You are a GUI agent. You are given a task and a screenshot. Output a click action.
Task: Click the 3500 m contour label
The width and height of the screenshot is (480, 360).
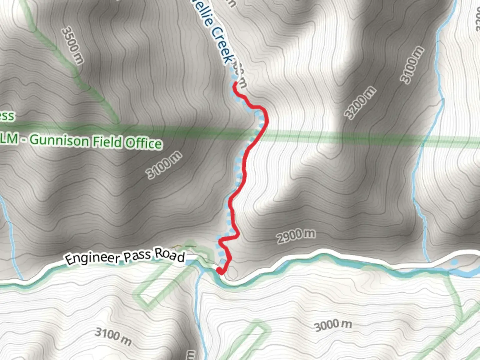pos(73,45)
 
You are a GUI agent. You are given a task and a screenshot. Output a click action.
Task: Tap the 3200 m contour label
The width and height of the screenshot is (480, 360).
pos(360,103)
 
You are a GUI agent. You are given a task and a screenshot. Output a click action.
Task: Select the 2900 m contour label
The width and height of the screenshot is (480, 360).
pos(296,236)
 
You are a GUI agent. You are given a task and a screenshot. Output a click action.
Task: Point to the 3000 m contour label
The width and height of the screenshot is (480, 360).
pos(333,325)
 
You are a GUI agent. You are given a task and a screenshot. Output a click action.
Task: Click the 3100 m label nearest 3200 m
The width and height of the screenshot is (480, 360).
pos(412,65)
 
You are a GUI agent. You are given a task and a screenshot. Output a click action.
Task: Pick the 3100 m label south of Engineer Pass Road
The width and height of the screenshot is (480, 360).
pos(113,336)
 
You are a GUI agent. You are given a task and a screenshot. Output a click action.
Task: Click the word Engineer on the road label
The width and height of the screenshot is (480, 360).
pos(92,258)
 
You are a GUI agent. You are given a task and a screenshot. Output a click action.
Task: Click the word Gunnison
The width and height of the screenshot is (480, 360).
pos(59,141)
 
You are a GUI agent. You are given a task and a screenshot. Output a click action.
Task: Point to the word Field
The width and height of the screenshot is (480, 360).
pos(107,142)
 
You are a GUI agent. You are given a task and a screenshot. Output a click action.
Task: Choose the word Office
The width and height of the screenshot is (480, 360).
pos(144,143)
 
